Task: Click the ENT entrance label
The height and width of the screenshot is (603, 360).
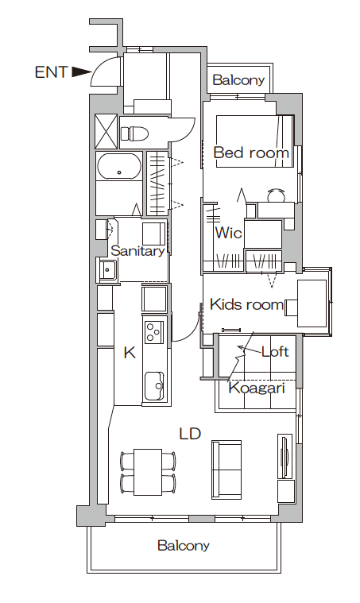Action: coord(51,72)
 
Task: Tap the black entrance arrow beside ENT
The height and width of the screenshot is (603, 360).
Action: coord(81,72)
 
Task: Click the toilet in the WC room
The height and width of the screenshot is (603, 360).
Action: coord(134,133)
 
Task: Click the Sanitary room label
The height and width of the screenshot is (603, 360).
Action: coord(137,251)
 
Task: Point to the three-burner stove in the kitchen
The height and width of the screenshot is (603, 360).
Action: coord(154,332)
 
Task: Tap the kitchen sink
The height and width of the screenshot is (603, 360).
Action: coord(154,386)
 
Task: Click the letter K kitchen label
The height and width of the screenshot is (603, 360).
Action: coord(130,352)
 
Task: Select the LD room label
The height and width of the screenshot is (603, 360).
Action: coord(190,434)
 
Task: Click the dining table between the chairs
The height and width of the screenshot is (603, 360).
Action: coord(148,471)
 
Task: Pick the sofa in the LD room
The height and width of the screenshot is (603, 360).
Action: coord(226,470)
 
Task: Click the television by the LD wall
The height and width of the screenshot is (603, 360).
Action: coord(285,457)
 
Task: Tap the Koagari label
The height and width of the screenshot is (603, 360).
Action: coord(257,388)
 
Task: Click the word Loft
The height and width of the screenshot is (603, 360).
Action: coord(275,351)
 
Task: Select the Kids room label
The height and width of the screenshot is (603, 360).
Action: coord(246,304)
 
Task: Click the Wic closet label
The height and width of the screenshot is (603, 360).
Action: coord(228,233)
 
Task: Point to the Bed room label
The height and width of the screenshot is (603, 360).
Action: coord(251,153)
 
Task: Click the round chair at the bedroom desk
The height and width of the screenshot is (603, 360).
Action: coord(276,195)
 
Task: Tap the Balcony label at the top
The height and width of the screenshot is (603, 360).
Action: coord(238,80)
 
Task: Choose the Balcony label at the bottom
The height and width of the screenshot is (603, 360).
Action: coord(184,545)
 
